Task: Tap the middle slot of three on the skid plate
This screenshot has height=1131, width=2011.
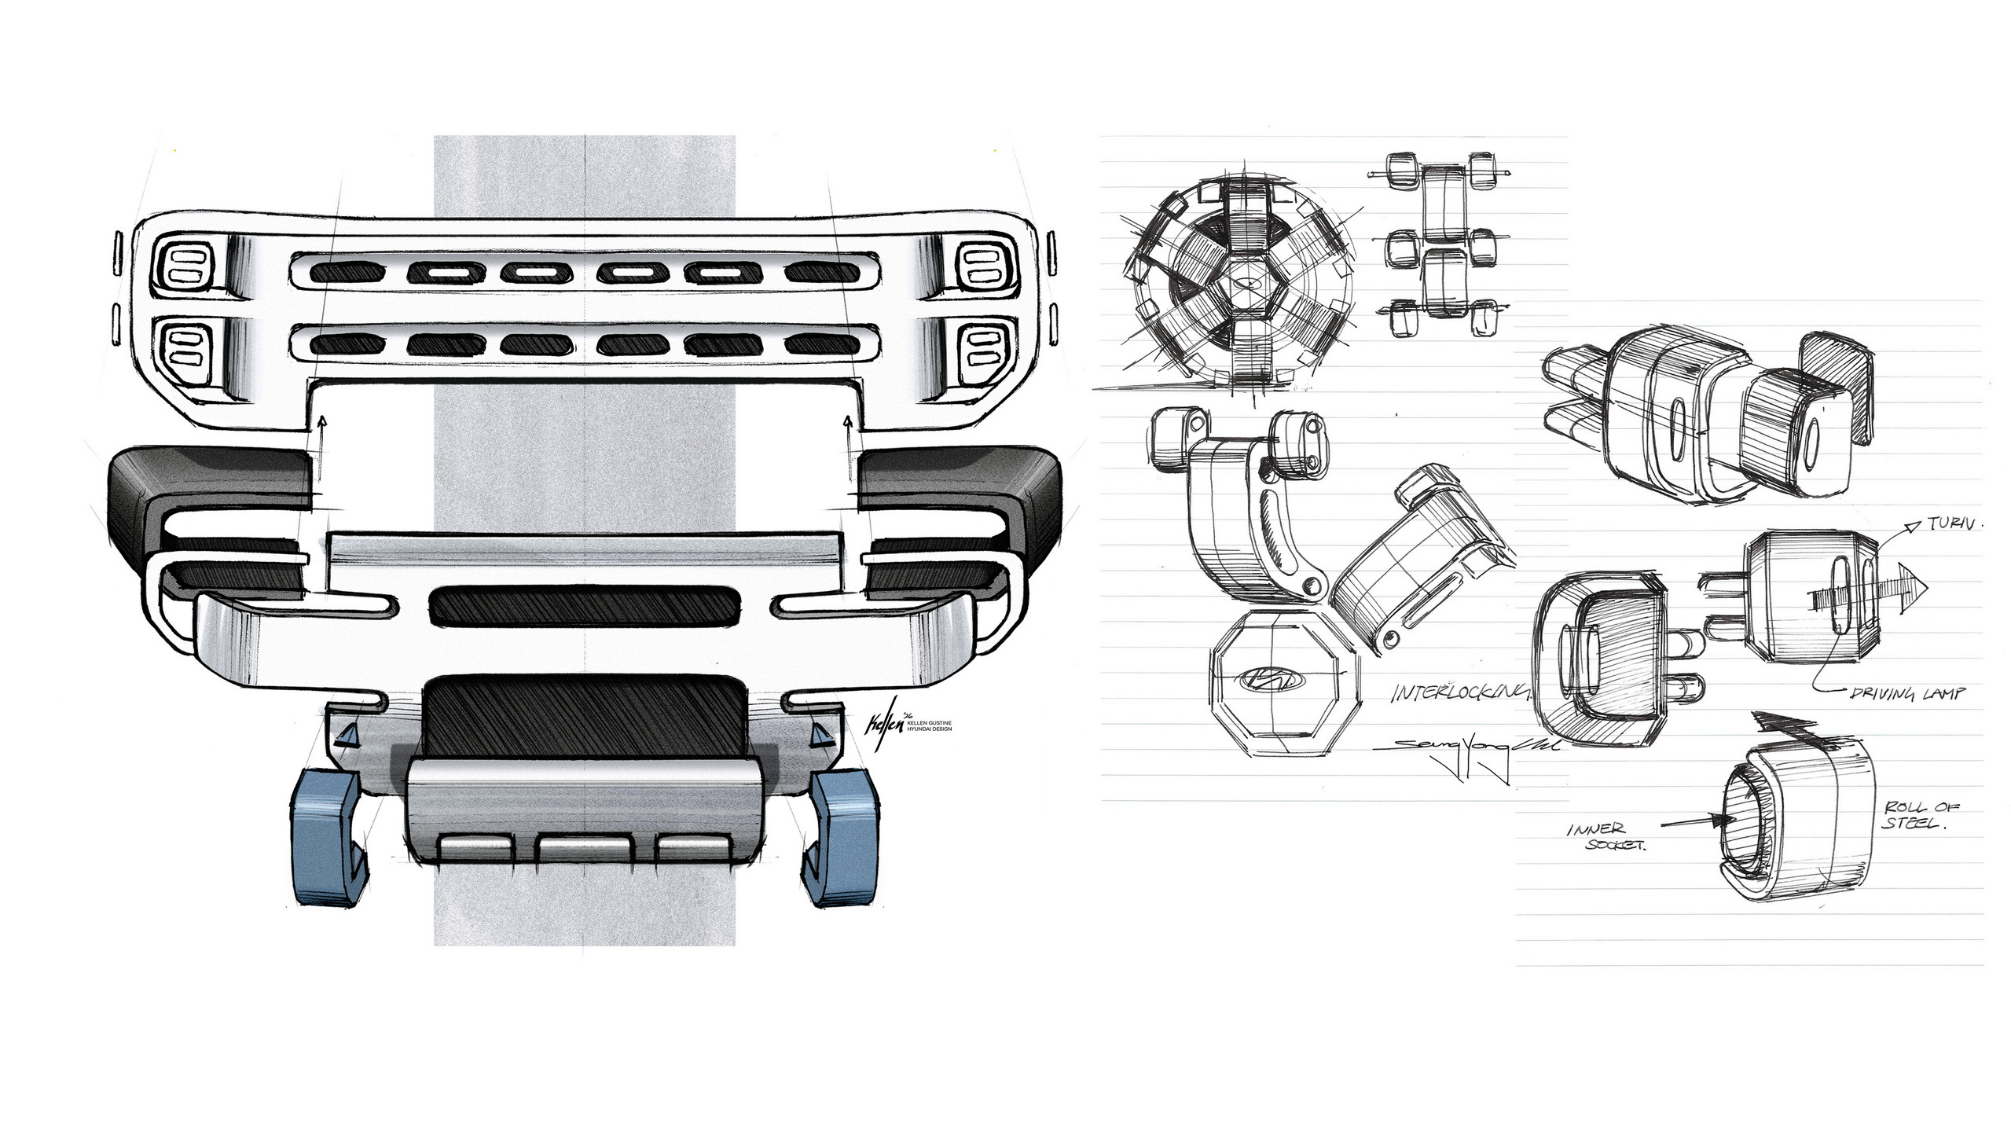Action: pyautogui.click(x=584, y=848)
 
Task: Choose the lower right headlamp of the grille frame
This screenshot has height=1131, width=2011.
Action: pyautogui.click(x=982, y=348)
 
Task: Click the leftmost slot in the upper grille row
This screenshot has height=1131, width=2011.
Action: pyautogui.click(x=347, y=272)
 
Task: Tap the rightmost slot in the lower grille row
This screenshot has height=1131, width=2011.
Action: pyautogui.click(x=822, y=343)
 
